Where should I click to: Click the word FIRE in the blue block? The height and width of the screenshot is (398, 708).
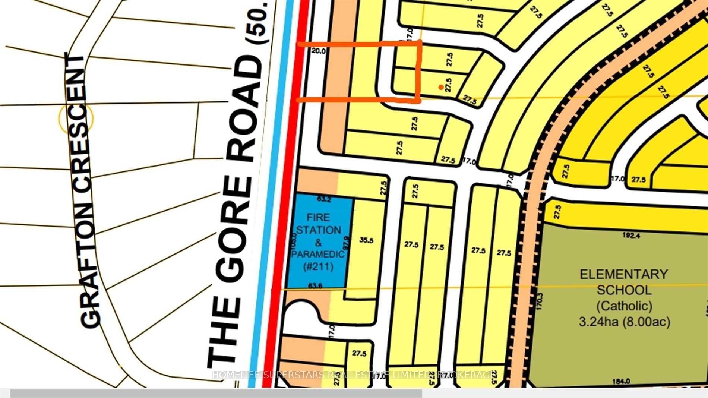[x=318, y=217]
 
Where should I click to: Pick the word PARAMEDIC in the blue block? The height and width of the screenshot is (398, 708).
[x=318, y=255]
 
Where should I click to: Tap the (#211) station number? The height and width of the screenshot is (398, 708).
[x=318, y=267]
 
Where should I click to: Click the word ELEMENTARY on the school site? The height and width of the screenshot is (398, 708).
[x=624, y=275]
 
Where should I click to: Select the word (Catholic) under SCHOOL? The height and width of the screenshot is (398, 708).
[x=624, y=306]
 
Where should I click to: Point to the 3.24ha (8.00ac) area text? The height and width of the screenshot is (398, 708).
[x=624, y=322]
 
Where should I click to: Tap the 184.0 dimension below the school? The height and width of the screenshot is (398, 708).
[x=621, y=381]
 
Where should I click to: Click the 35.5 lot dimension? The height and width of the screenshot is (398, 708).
[x=366, y=241]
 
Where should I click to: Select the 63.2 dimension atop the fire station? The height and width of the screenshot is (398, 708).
[x=324, y=199]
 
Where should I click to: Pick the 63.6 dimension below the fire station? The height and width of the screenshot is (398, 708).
[x=315, y=286]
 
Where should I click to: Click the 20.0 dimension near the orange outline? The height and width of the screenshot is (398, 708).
[x=319, y=51]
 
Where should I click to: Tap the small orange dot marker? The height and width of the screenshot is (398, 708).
[x=441, y=87]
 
